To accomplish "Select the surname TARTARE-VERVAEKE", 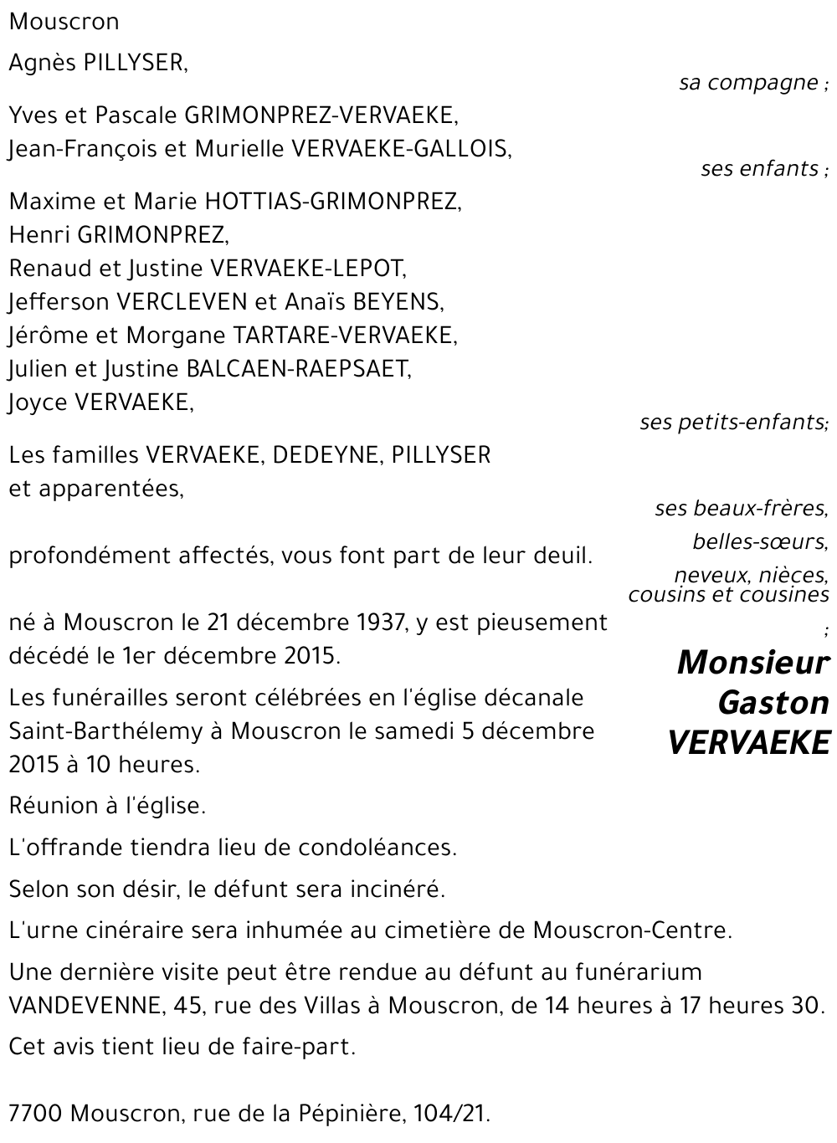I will [344, 336].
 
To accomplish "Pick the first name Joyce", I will [39, 402].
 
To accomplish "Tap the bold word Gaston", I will [773, 703].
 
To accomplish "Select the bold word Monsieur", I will [752, 663].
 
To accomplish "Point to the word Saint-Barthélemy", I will [106, 731].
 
